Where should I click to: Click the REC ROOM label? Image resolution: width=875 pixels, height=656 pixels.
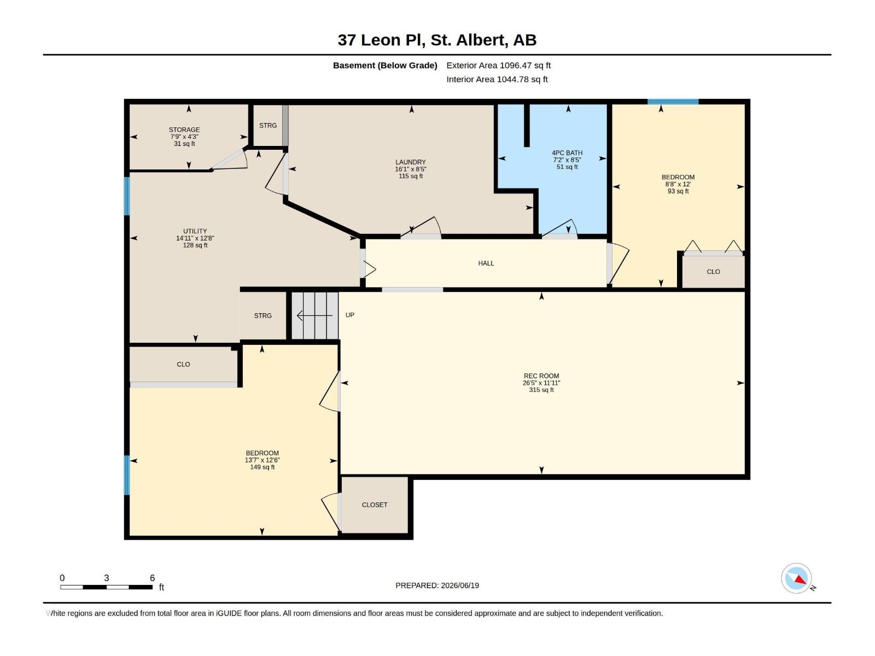coord(541,376)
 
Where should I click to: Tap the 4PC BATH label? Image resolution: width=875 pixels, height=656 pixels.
coord(567,153)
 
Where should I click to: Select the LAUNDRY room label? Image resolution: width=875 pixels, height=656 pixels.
coord(411,162)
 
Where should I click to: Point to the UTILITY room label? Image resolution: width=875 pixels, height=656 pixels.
coord(195,231)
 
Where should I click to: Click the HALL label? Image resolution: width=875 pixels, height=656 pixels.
coord(486,263)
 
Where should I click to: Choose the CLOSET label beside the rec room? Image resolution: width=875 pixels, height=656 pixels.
coord(374,505)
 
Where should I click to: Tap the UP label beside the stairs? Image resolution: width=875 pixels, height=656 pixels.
coord(349,315)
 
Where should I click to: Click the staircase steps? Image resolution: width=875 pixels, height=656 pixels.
coord(315,315)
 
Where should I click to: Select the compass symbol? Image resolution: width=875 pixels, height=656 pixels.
coord(796,578)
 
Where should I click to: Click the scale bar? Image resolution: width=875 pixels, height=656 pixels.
coord(107,587)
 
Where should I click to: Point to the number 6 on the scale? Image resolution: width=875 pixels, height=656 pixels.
coord(152,577)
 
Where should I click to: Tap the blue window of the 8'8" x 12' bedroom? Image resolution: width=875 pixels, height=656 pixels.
coord(673,102)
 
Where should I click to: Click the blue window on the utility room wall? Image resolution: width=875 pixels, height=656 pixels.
coord(127,196)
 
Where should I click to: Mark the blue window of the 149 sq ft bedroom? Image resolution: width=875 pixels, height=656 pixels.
coord(127,475)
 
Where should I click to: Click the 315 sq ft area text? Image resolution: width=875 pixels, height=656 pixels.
coord(541,390)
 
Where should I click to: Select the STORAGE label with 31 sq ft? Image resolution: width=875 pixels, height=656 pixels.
coord(184,130)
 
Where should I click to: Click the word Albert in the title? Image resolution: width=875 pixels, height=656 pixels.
coord(482,40)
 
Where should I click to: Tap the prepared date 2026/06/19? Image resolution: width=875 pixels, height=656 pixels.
coord(460,585)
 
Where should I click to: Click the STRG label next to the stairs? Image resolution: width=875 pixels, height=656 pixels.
coord(262,315)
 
